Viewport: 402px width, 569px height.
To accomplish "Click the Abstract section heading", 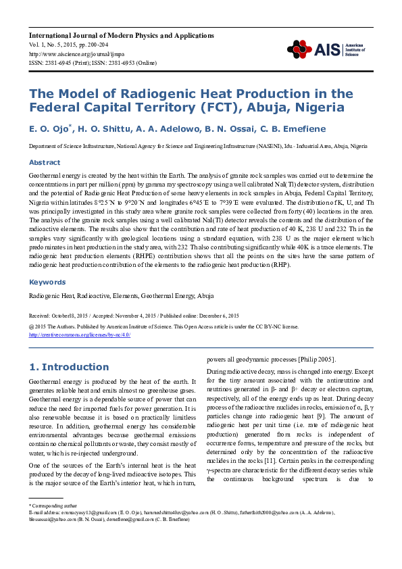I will click(x=44, y=162).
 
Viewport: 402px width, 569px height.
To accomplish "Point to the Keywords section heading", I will click(x=47, y=282).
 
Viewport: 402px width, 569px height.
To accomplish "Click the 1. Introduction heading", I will click(x=68, y=367).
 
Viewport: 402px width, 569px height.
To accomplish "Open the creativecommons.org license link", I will click(x=79, y=335).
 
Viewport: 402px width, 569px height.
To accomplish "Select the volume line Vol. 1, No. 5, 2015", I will click(x=63, y=43).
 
